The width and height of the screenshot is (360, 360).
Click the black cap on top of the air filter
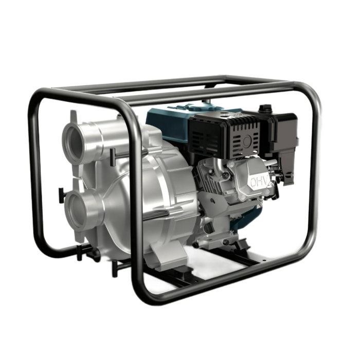coord(265,107)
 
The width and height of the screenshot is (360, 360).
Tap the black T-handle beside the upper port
coord(113,157)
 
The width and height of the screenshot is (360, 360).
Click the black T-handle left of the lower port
coord(61,195)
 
